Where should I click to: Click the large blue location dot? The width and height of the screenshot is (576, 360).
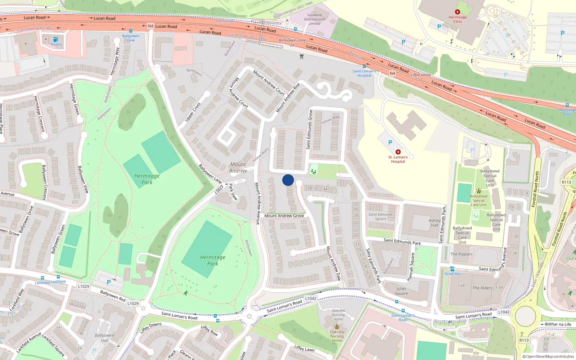[x=288, y=180]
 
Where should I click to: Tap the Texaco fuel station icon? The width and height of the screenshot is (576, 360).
[x=56, y=39]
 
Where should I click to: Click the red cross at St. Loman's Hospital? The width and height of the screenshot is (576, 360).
[x=398, y=152]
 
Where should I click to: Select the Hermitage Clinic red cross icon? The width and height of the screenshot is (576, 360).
[x=458, y=12]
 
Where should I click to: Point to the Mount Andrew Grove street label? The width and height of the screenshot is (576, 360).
[x=284, y=216]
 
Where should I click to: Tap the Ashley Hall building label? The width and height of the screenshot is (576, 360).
[x=435, y=223]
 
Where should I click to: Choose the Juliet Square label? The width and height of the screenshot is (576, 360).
[x=401, y=291]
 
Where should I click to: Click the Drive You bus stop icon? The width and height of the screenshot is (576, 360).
[x=453, y=269]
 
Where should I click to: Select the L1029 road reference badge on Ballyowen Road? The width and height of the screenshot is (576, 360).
[x=84, y=286]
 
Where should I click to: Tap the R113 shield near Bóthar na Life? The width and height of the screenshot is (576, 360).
[x=524, y=340]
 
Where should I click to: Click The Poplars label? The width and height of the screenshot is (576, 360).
[x=462, y=254]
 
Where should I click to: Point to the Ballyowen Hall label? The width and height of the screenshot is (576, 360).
[x=104, y=338]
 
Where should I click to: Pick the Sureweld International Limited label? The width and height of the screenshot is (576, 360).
[x=314, y=19]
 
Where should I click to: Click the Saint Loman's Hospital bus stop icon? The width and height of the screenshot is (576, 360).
[x=364, y=66]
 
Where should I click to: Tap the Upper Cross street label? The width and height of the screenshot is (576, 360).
[x=193, y=112]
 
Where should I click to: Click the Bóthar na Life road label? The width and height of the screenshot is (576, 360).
[x=558, y=324]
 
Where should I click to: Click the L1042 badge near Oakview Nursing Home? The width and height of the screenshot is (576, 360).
[x=311, y=298]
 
